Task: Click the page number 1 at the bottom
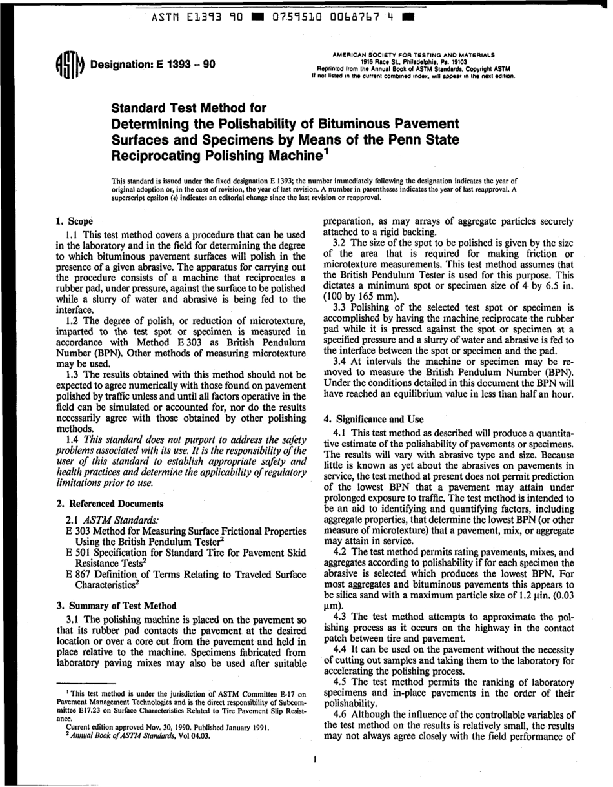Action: click(x=314, y=759)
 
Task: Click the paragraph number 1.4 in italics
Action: click(x=75, y=438)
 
